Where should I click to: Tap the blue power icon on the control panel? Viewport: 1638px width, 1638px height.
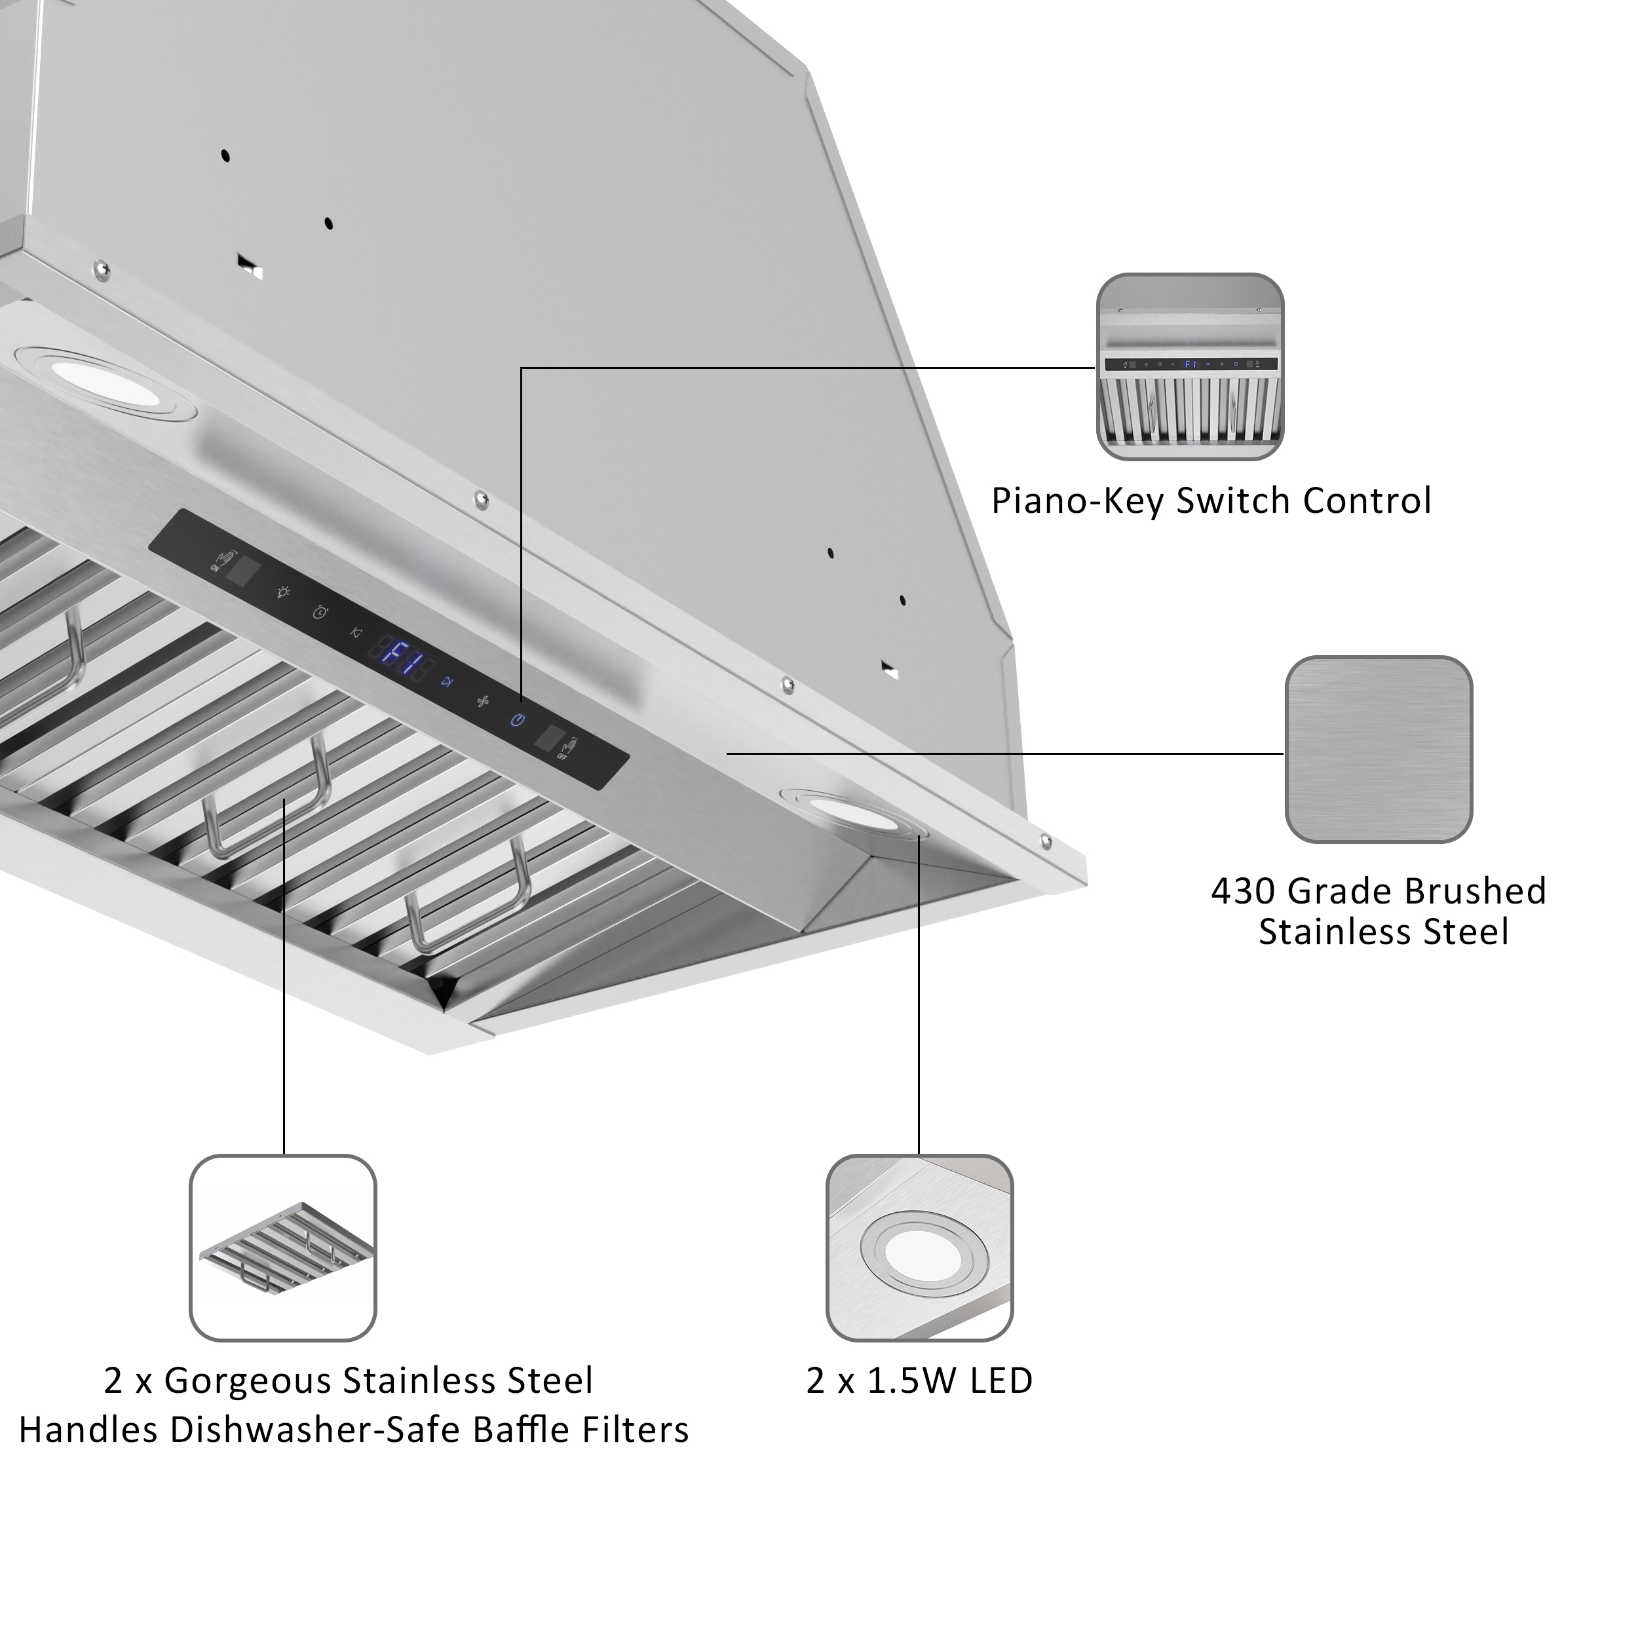click(x=517, y=720)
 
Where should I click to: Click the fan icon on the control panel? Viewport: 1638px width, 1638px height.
click(x=482, y=701)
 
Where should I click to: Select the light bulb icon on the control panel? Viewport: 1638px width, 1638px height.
click(x=283, y=592)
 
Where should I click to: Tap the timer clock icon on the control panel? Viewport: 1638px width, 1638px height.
click(x=320, y=612)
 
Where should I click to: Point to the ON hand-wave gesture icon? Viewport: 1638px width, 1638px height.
click(x=219, y=562)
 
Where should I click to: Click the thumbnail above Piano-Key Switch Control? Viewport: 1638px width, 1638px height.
click(x=1189, y=366)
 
